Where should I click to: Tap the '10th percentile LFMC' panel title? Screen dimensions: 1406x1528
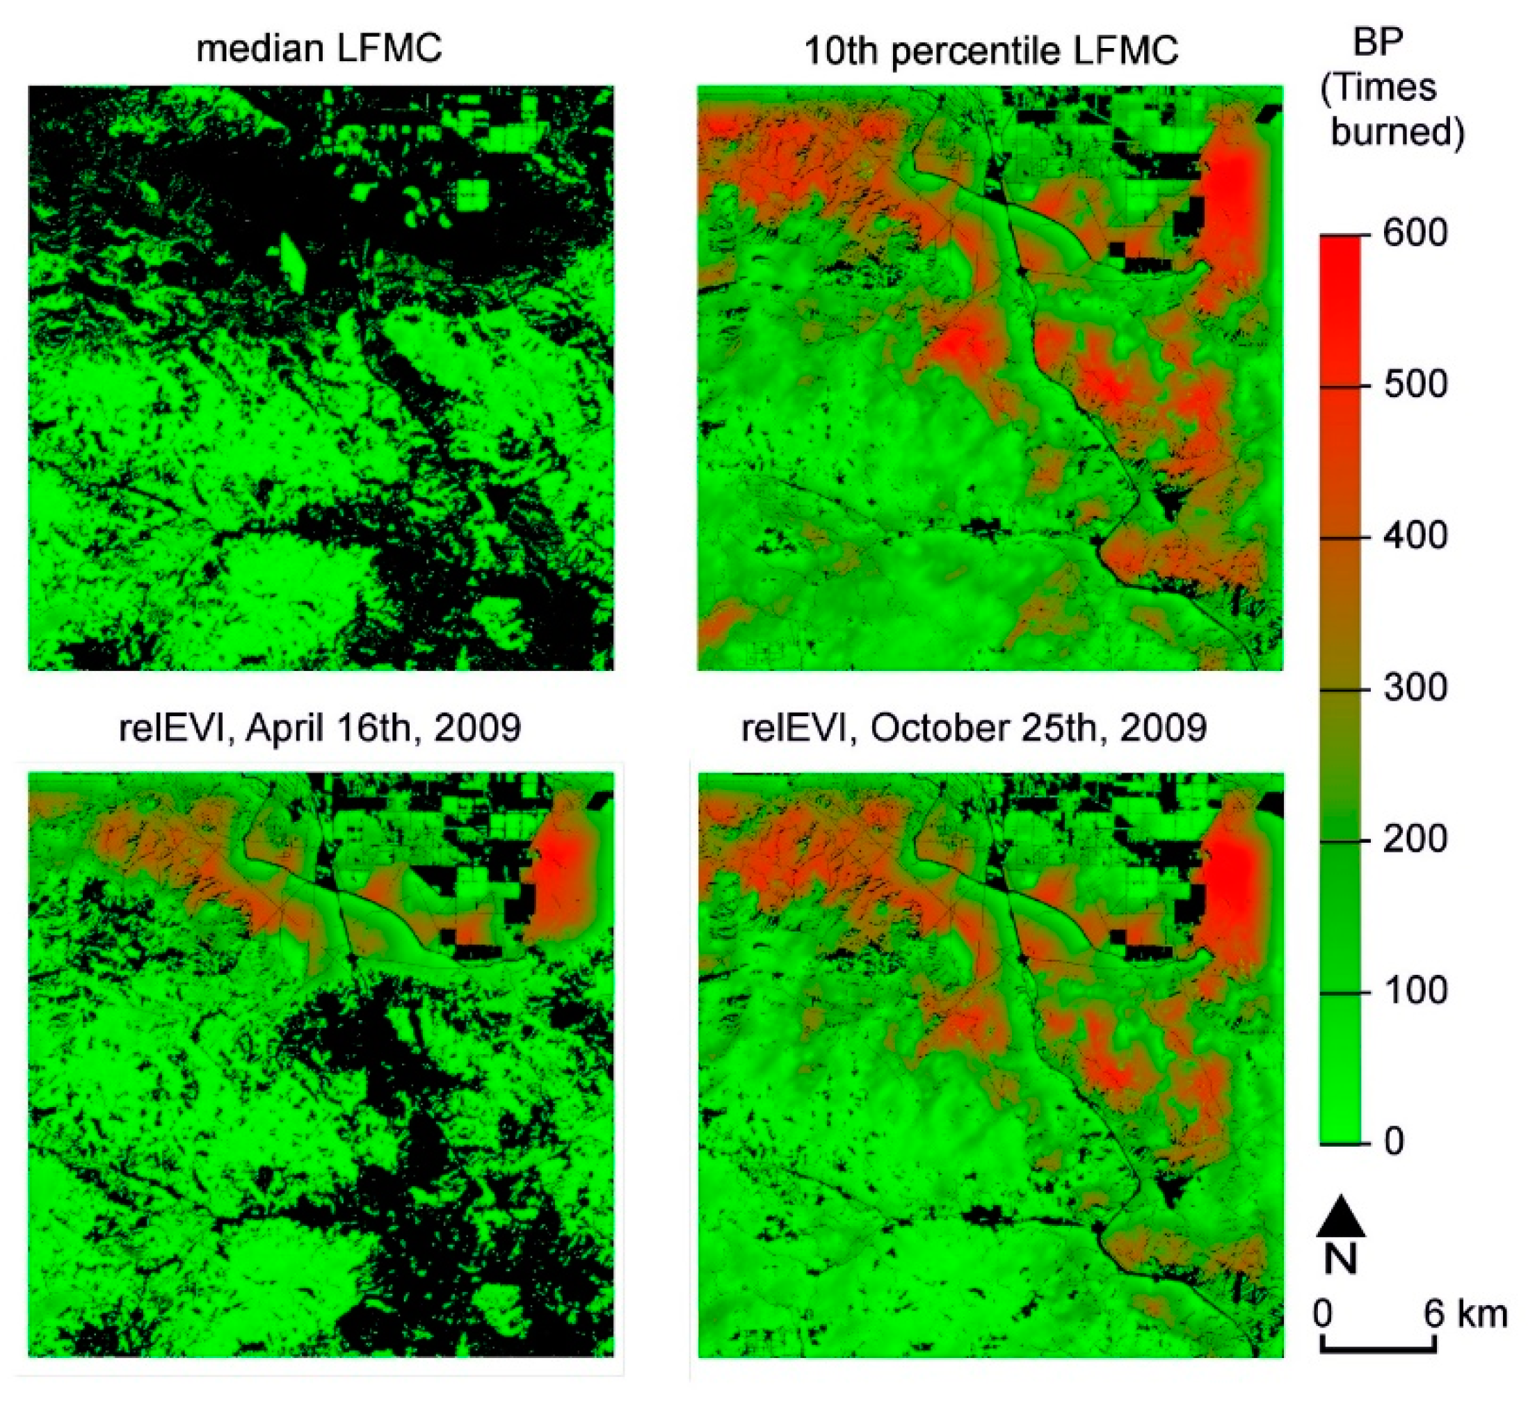[x=991, y=51]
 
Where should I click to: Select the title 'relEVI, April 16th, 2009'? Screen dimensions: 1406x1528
[x=321, y=728]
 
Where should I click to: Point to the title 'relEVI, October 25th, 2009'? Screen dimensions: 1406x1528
[x=974, y=729]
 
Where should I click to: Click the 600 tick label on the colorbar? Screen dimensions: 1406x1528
[x=1415, y=233]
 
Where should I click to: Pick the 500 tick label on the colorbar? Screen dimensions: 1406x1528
[x=1415, y=385]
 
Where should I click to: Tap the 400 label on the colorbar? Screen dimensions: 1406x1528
[x=1415, y=536]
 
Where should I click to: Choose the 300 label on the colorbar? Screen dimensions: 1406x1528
[x=1415, y=688]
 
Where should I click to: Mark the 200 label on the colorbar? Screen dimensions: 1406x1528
[x=1415, y=839]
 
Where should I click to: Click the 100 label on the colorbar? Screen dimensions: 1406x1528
[x=1415, y=991]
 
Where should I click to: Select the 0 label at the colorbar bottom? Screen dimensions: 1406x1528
[x=1394, y=1142]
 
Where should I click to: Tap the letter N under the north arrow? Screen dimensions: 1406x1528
[x=1341, y=1259]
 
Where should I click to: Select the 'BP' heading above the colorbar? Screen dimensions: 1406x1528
[x=1377, y=43]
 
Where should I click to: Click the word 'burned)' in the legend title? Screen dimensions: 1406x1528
[x=1397, y=132]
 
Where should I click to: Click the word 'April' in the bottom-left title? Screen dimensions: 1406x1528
[x=276, y=728]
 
